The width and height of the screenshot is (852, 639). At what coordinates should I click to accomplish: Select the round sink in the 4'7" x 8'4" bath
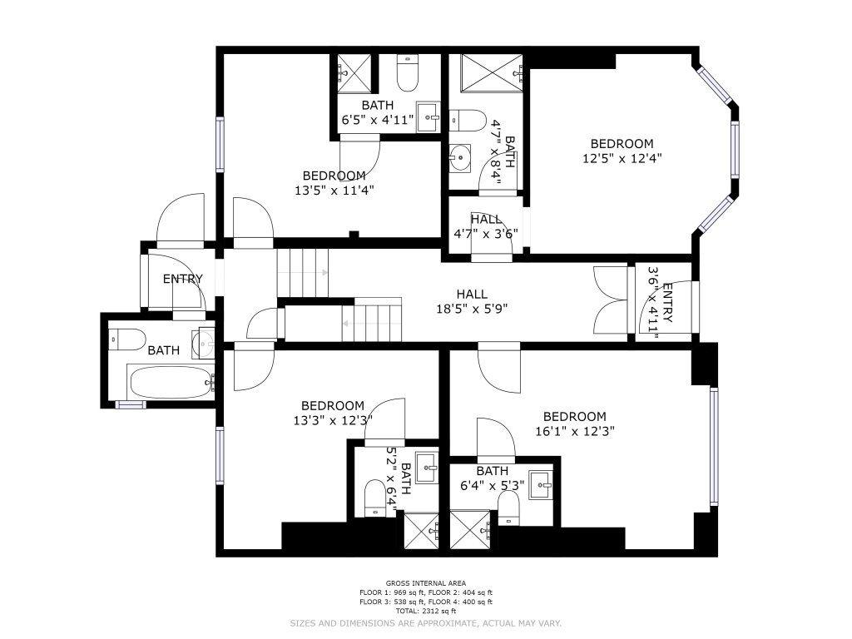click(x=460, y=158)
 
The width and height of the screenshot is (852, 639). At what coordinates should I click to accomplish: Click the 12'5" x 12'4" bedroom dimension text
click(x=622, y=159)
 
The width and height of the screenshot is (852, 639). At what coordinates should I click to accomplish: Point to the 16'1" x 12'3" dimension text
click(x=575, y=432)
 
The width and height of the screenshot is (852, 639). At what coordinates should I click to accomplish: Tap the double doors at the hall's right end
click(x=611, y=300)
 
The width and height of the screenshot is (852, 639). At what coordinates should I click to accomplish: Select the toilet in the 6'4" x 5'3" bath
click(x=508, y=508)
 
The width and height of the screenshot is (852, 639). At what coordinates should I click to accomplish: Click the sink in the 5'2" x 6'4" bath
click(x=427, y=468)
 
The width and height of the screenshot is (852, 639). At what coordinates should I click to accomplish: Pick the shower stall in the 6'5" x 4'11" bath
click(x=354, y=74)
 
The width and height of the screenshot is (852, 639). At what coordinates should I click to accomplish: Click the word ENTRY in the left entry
click(x=182, y=279)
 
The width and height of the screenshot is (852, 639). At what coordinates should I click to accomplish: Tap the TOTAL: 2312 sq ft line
click(x=426, y=612)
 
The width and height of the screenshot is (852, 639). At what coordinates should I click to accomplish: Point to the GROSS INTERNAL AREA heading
click(x=426, y=583)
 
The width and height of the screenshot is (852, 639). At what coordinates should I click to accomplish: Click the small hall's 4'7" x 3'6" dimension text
click(x=486, y=234)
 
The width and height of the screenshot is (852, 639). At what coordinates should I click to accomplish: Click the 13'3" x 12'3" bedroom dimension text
click(x=333, y=420)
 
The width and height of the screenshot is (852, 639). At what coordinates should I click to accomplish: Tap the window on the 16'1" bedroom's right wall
click(x=714, y=447)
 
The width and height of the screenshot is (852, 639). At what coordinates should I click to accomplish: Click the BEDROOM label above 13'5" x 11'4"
click(x=334, y=176)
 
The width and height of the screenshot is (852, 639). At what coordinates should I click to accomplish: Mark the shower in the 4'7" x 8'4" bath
click(x=492, y=73)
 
